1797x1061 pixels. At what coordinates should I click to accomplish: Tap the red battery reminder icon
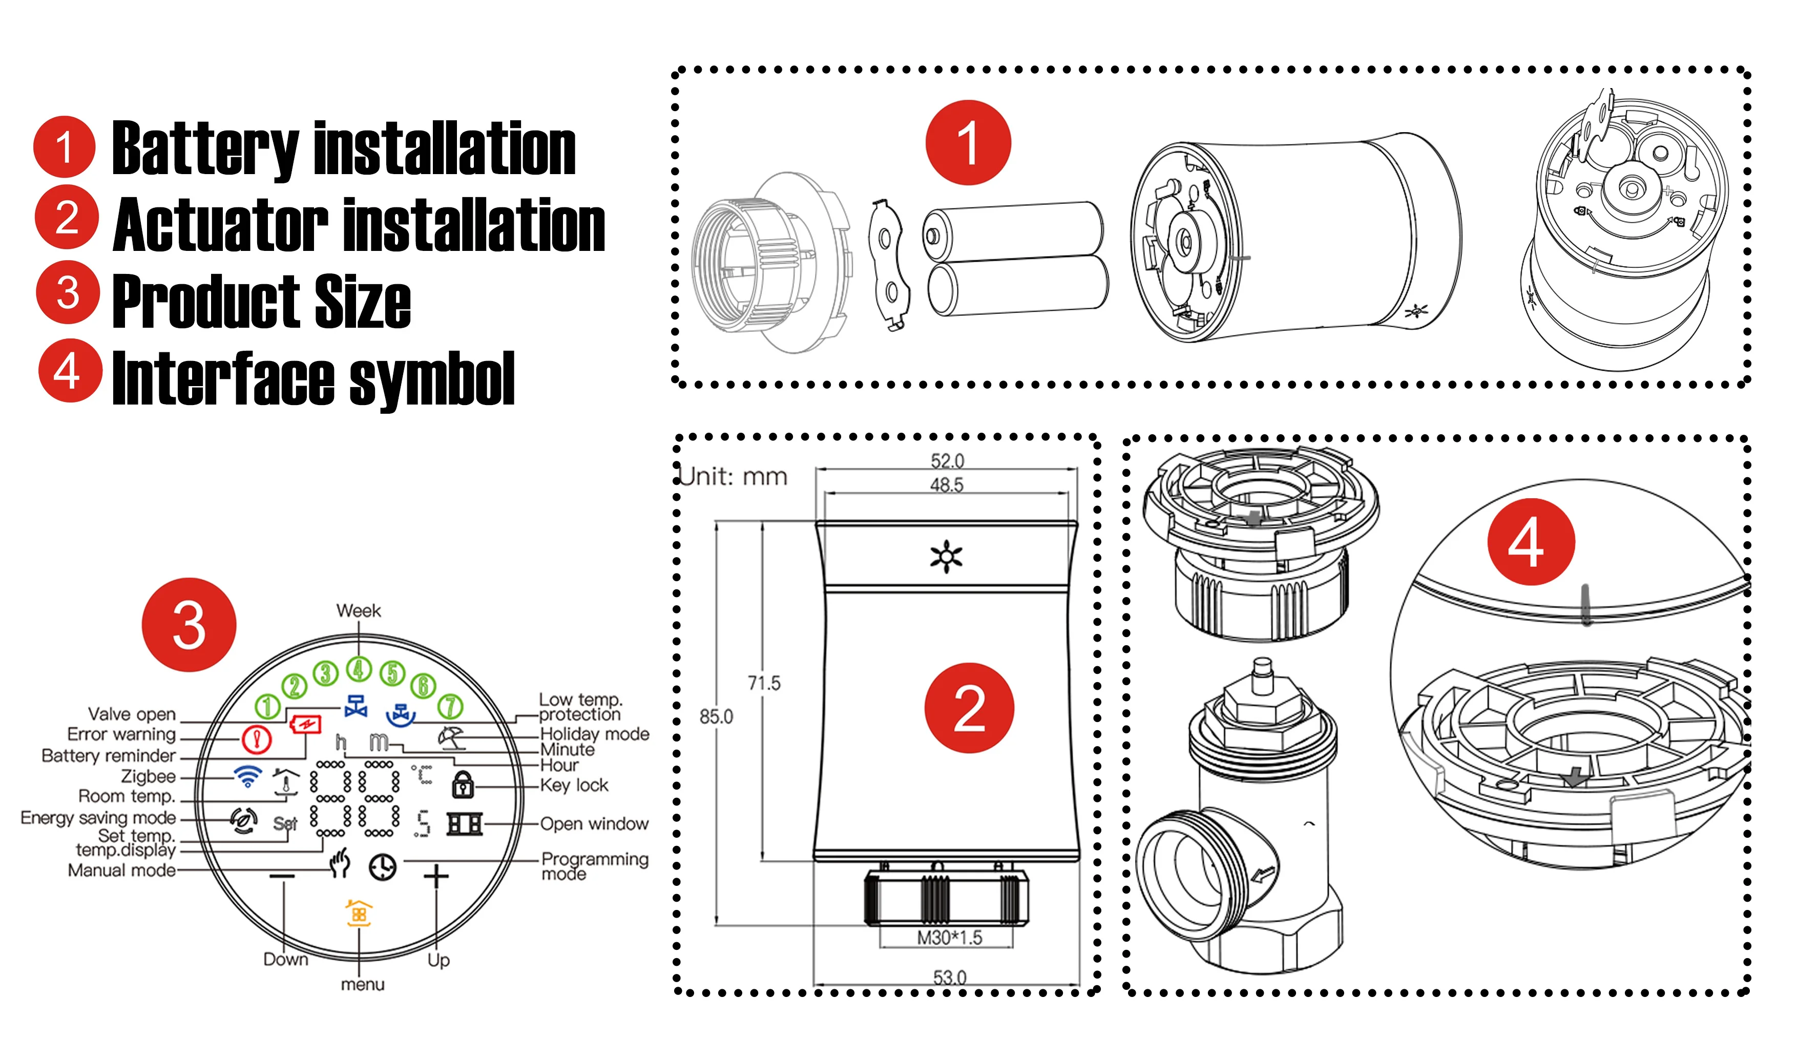pos(306,724)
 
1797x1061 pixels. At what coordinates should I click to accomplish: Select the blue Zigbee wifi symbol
pos(248,776)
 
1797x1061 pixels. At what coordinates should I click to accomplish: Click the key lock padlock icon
pos(463,784)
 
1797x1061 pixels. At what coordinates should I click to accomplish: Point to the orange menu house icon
pos(359,913)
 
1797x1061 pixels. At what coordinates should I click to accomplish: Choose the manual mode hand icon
pos(340,863)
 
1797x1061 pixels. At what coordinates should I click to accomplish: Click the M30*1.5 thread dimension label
pos(950,937)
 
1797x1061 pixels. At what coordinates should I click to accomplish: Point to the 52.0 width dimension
pos(947,460)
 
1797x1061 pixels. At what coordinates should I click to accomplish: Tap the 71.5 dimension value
pos(764,683)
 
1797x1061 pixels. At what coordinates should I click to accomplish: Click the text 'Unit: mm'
pos(733,476)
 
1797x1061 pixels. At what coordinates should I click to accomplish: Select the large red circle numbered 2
pos(969,708)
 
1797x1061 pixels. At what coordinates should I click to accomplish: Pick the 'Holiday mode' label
pos(594,734)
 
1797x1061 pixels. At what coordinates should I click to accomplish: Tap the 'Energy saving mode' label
pos(98,817)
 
